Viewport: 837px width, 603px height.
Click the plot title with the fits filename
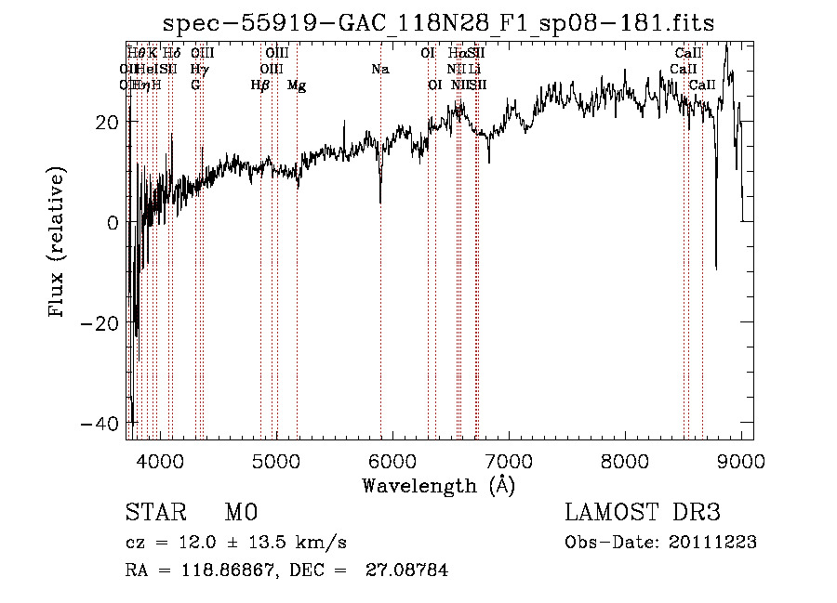[x=439, y=23]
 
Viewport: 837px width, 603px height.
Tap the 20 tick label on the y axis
[x=106, y=123]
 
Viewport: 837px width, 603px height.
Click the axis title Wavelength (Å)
[x=438, y=485]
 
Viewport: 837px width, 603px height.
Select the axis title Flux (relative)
[x=59, y=243]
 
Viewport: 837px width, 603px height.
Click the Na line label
[x=379, y=70]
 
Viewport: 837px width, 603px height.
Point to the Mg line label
[x=297, y=85]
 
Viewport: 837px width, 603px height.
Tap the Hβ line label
[x=260, y=85]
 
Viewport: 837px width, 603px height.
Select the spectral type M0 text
[x=240, y=513]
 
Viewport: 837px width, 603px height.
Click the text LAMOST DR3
[x=643, y=513]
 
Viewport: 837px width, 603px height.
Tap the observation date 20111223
[x=711, y=543]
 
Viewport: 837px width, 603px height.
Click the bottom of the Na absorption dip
[x=380, y=203]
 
